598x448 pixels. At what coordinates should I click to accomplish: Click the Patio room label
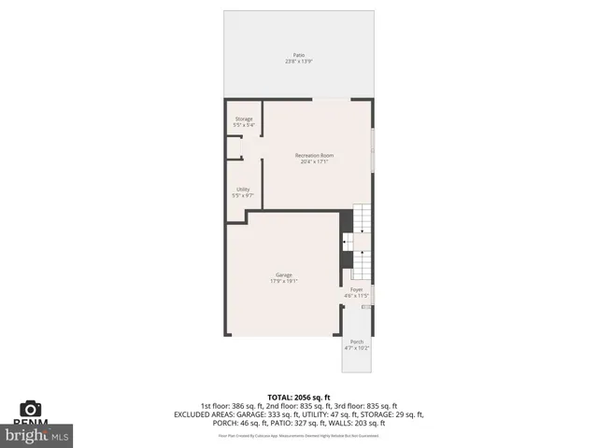point(298,55)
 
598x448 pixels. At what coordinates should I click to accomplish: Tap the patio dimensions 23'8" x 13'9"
point(298,62)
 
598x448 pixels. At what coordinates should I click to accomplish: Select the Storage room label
point(244,119)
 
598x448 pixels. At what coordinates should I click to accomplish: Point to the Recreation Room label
point(314,155)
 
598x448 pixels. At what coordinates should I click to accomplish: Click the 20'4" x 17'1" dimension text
point(314,161)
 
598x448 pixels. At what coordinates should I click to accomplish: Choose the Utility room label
point(243,189)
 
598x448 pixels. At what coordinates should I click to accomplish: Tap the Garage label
point(284,274)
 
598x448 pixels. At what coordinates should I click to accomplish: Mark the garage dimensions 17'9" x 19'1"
point(284,281)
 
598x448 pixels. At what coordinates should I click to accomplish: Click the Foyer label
point(357,290)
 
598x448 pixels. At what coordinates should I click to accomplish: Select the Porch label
point(357,342)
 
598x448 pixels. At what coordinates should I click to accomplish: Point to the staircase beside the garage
point(362,243)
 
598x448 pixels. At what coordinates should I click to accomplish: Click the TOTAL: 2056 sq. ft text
point(299,397)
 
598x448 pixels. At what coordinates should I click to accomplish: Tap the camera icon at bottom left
point(31,408)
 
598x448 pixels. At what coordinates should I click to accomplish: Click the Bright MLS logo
point(37,434)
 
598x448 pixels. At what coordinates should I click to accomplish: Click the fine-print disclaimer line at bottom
point(299,435)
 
